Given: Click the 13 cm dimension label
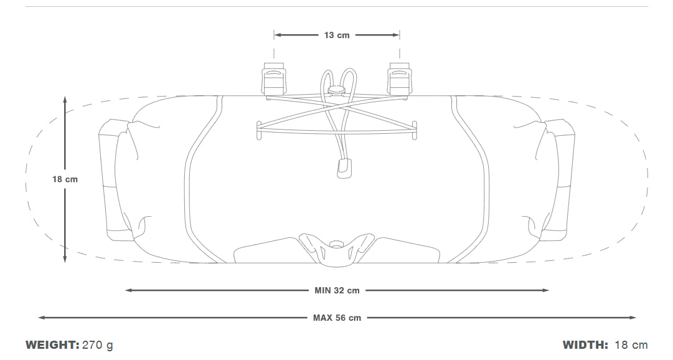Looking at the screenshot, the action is (337, 36).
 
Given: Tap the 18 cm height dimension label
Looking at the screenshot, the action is (65, 179).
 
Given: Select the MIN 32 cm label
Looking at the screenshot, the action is (337, 290).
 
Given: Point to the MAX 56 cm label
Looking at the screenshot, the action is (337, 318).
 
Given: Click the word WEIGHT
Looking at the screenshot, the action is (52, 345).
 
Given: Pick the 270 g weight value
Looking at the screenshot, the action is (98, 345).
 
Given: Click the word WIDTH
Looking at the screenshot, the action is (585, 345).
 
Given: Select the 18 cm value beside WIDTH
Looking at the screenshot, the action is (631, 345).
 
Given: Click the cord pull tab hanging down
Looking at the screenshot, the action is (345, 168).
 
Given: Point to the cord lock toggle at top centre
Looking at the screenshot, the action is (336, 91).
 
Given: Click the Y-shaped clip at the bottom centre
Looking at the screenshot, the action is (336, 250).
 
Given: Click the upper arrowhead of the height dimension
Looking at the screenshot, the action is (65, 100).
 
